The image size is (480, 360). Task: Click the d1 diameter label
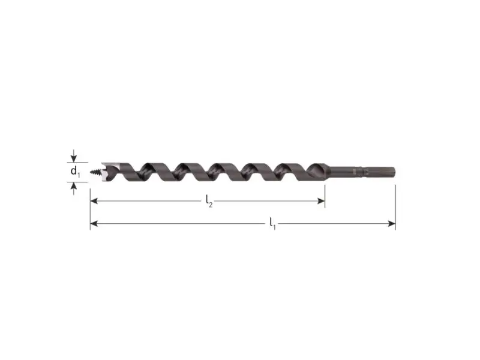[75, 172]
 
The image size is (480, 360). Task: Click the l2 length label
[209, 201]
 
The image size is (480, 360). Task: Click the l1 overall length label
[273, 223]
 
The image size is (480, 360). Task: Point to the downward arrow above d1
[73, 156]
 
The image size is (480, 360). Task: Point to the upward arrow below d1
[73, 188]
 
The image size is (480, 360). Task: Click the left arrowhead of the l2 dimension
[94, 201]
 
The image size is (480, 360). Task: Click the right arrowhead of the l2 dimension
[321, 201]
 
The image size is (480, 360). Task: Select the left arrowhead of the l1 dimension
[94, 224]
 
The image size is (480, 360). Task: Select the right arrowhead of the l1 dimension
[392, 224]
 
